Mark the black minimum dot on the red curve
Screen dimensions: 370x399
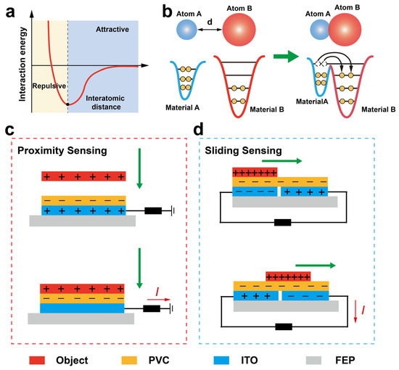(x=67, y=104)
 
